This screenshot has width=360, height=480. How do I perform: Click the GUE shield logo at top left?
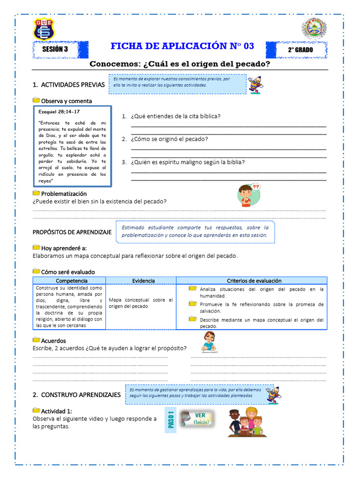[x=44, y=29]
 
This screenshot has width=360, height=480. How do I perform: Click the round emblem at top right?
[x=314, y=29]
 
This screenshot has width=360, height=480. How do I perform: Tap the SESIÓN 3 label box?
[x=55, y=49]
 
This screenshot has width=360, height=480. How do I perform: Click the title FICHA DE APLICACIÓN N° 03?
[x=182, y=46]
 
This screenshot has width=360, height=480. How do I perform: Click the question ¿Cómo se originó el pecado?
[x=169, y=139]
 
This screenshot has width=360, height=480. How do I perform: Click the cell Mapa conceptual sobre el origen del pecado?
[x=141, y=303]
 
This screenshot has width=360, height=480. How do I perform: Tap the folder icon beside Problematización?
[x=36, y=193]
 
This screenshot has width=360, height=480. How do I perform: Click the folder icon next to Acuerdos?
[x=36, y=340]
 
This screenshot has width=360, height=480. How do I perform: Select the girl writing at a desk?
[x=209, y=342]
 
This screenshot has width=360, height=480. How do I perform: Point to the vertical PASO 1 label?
[x=171, y=419]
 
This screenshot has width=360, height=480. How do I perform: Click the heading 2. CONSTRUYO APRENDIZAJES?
[x=76, y=395]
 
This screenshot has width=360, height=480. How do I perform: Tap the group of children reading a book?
[x=245, y=422]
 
